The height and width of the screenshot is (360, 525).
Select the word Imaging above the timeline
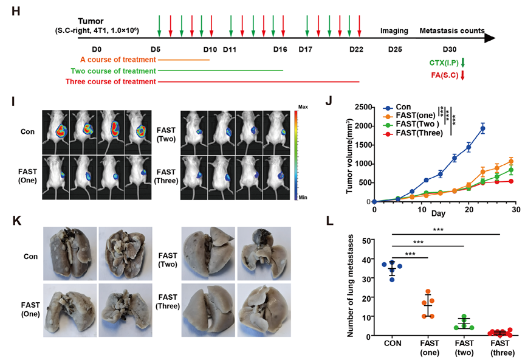(394, 30)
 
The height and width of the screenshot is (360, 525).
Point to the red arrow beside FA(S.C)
(462, 75)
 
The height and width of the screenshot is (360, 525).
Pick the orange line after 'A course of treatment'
(184, 60)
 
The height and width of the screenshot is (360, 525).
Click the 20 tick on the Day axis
(468, 209)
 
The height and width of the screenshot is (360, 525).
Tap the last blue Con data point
(483, 128)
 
